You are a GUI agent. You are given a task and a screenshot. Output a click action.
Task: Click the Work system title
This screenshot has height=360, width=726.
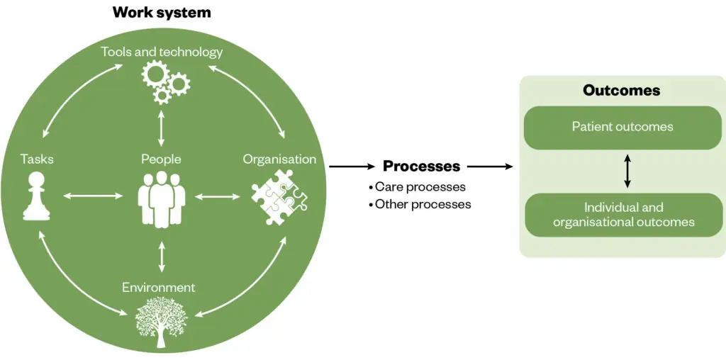click(162, 12)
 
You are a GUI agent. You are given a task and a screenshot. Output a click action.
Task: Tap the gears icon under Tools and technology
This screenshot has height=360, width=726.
click(165, 81)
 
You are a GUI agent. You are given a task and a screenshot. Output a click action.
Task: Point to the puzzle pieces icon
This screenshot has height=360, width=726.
click(279, 200)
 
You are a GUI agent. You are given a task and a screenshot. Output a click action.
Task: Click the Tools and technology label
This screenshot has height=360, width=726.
click(162, 52)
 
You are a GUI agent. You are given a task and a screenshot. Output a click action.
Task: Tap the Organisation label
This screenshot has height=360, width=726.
click(279, 159)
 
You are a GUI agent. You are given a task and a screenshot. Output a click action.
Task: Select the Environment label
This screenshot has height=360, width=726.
click(158, 287)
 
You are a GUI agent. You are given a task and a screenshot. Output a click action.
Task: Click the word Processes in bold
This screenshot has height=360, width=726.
click(421, 167)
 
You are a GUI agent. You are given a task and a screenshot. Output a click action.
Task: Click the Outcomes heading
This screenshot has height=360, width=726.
click(621, 91)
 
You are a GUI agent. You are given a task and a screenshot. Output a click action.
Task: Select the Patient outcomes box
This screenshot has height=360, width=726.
click(622, 128)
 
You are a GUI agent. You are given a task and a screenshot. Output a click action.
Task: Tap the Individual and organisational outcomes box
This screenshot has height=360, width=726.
click(623, 215)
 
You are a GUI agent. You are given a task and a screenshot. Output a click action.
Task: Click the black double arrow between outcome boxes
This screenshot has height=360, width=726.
click(627, 171)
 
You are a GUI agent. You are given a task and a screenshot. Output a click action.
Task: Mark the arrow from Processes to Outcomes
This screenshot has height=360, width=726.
click(490, 167)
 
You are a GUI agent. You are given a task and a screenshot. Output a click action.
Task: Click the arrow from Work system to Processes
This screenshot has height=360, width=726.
click(352, 167)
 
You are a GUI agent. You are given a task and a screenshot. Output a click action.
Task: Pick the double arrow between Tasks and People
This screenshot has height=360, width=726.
click(93, 196)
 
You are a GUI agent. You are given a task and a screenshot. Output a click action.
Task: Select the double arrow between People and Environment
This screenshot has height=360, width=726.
click(162, 257)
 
